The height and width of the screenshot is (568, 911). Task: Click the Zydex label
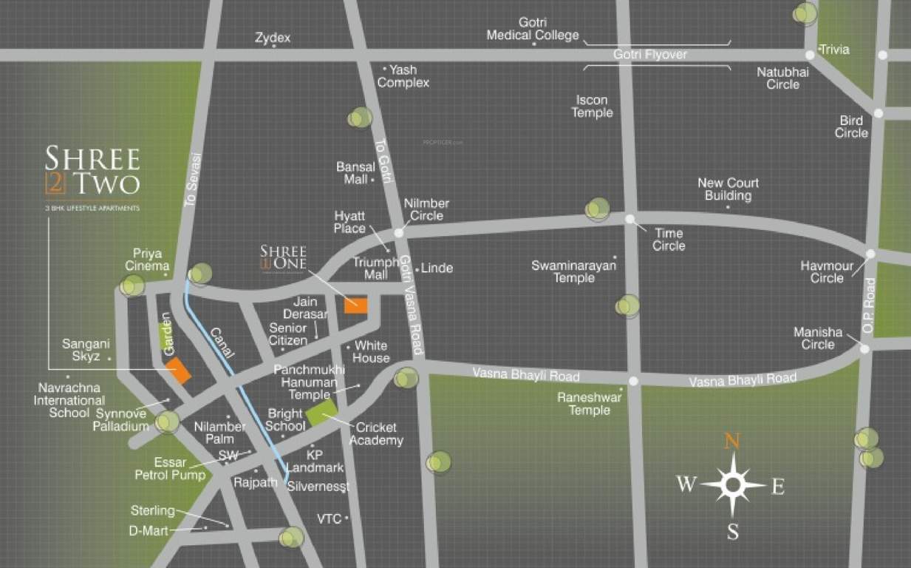tap(273, 37)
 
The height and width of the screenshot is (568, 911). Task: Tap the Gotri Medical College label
tap(532, 29)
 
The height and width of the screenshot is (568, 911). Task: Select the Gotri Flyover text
tap(650, 55)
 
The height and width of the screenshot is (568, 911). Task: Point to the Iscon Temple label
tap(592, 106)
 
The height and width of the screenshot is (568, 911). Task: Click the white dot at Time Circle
tap(629, 219)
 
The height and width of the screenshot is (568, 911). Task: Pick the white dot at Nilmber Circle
tap(399, 232)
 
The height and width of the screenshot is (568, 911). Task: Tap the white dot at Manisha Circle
tap(864, 348)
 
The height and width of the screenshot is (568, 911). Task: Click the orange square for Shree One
tap(356, 305)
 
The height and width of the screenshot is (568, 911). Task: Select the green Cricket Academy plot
tap(321, 411)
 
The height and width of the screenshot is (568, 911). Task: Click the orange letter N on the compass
tap(731, 441)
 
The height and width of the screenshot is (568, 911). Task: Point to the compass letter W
tap(686, 484)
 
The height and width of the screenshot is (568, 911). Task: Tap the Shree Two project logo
tap(92, 172)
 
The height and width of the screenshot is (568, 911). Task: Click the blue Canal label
tap(222, 344)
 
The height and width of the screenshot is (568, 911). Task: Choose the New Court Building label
tap(728, 189)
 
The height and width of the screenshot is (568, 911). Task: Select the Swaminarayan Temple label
tap(573, 271)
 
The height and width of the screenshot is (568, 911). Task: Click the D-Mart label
tap(149, 530)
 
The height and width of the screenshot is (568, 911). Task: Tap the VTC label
tap(329, 518)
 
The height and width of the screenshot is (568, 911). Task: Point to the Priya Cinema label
tap(147, 260)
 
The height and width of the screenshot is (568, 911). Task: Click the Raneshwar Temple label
tap(589, 403)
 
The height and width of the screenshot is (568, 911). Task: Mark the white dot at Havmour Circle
tap(870, 254)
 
